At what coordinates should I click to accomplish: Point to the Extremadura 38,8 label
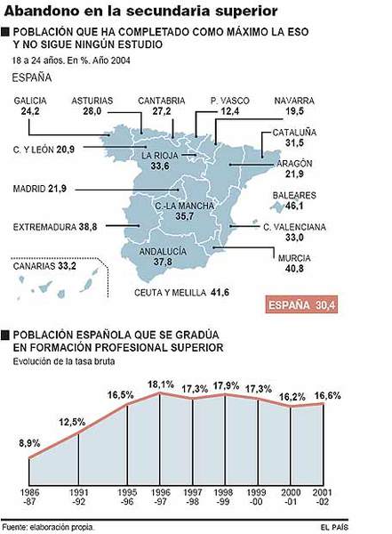(55, 228)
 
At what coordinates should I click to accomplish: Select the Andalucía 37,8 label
(163, 257)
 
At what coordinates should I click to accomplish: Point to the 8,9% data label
(29, 441)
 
